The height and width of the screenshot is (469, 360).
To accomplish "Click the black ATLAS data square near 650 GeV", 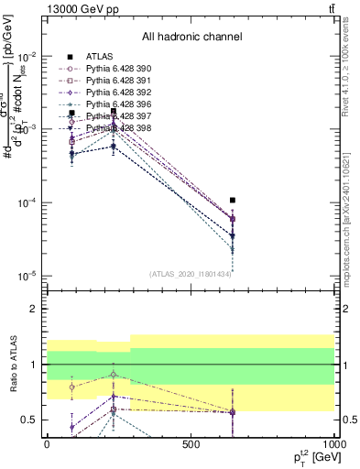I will (234, 200).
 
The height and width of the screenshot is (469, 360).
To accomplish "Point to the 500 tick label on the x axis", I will (191, 443).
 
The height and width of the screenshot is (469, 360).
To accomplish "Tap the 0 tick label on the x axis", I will (47, 443).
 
